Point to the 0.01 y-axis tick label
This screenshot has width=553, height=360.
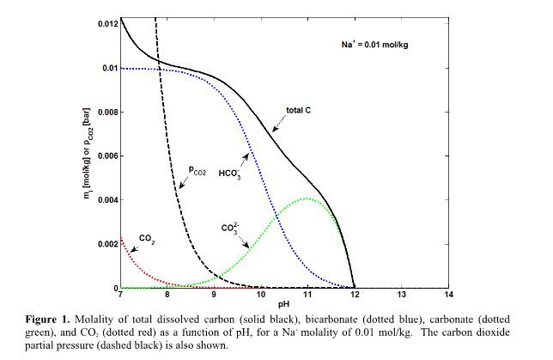[109, 68]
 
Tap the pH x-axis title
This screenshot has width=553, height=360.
[284, 305]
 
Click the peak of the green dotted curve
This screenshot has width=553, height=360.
[307, 198]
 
